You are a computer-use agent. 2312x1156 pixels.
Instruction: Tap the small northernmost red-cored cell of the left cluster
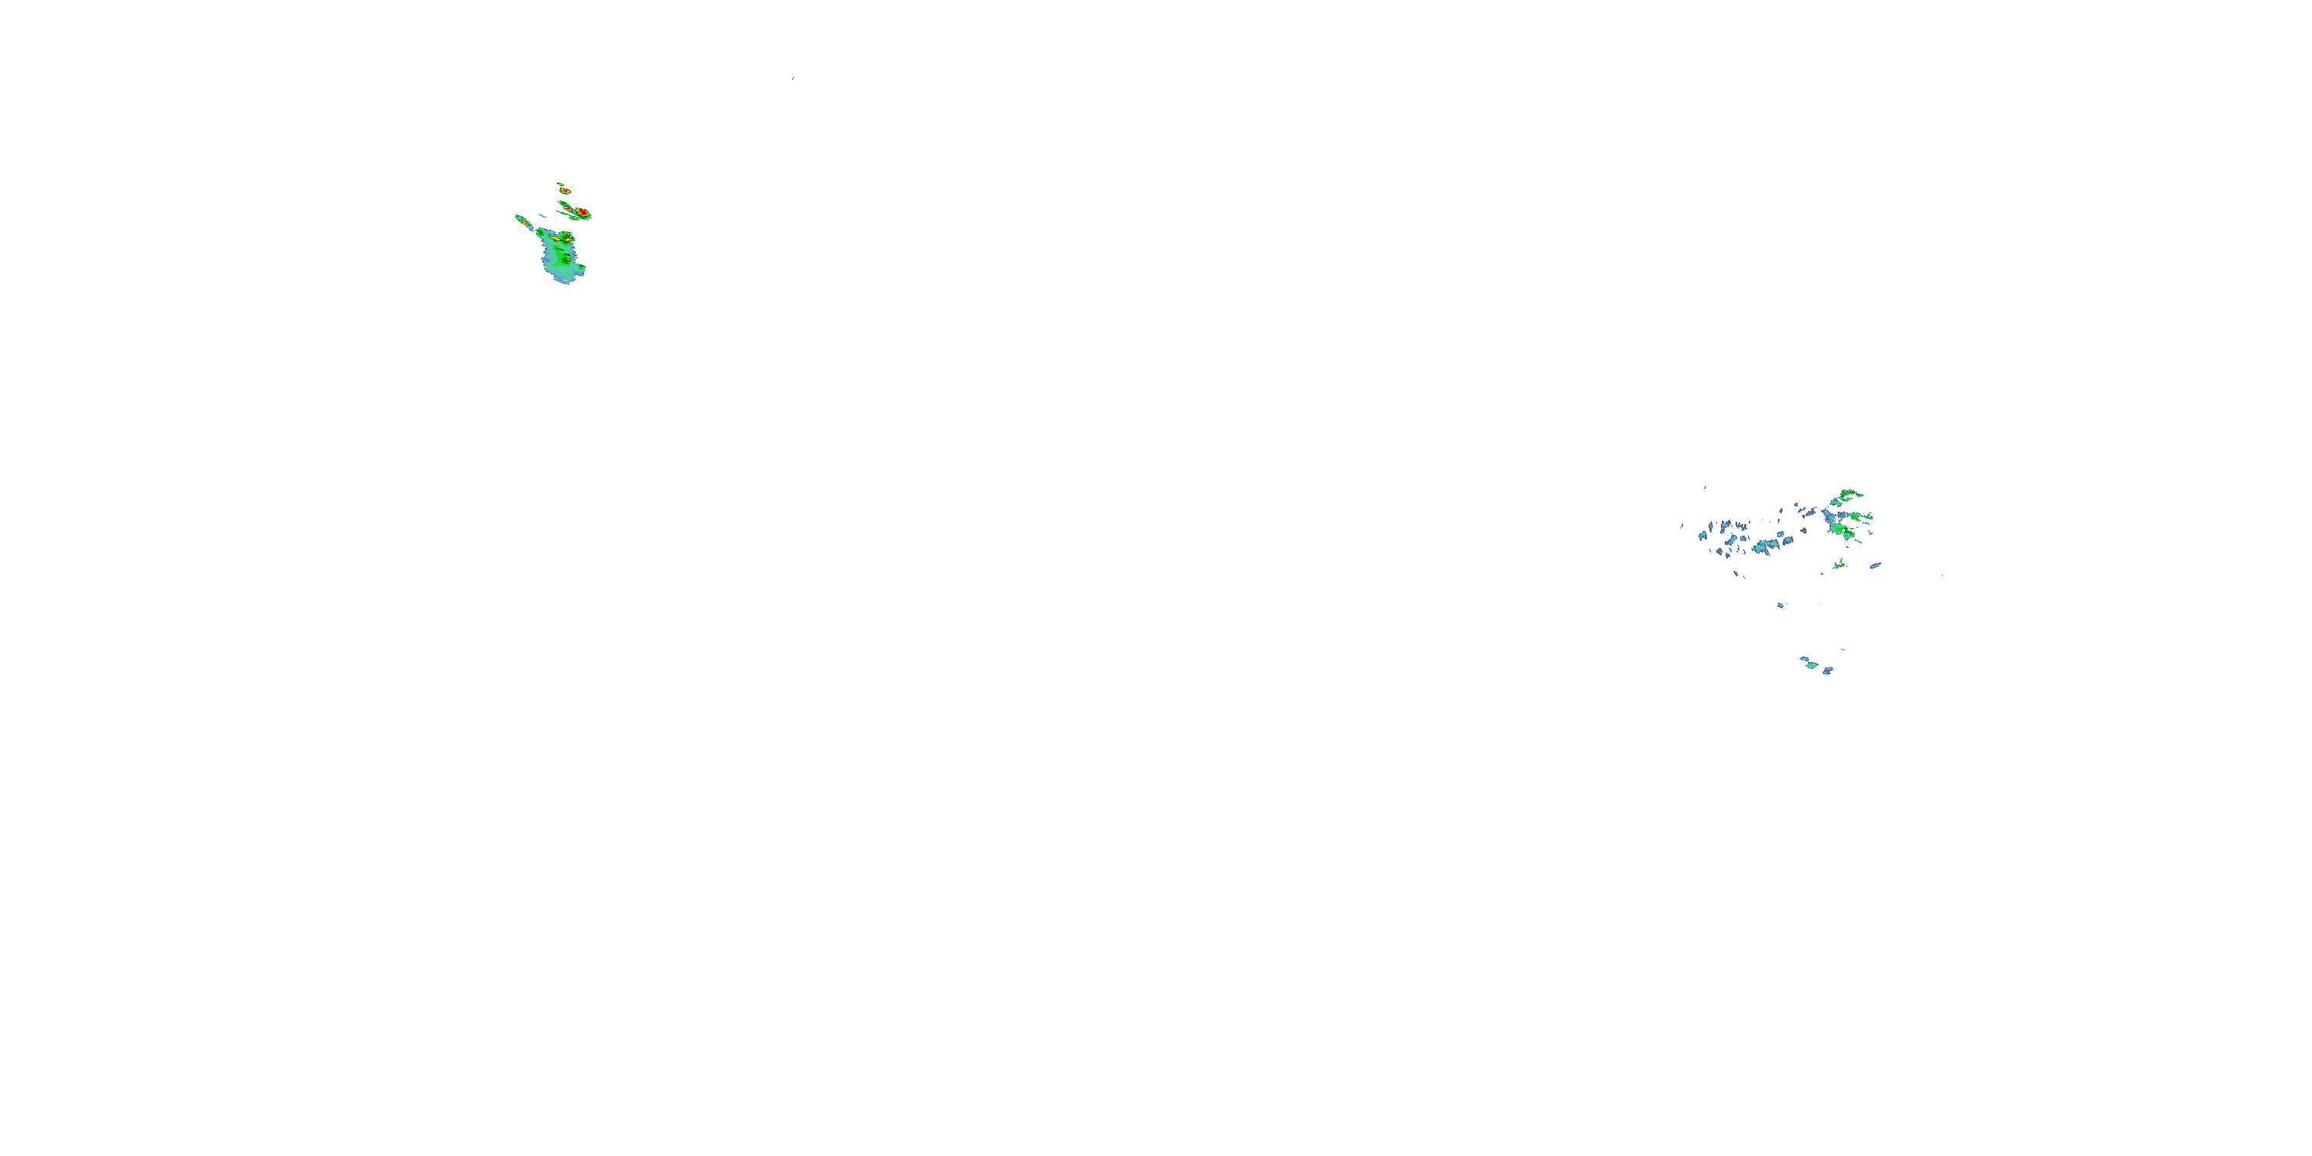click(x=565, y=190)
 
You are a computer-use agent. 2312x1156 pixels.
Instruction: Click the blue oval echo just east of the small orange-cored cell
click(x=1875, y=566)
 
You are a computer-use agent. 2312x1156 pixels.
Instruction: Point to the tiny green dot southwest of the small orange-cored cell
click(x=1822, y=573)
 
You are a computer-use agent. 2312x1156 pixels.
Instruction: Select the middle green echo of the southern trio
click(x=1811, y=665)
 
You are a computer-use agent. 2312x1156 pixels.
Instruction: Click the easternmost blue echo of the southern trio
click(x=1827, y=670)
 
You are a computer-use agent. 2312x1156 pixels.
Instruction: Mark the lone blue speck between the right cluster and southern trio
click(x=1781, y=606)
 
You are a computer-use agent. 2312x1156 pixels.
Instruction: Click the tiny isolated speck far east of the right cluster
click(x=1942, y=576)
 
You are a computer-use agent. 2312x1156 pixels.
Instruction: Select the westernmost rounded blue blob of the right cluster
click(x=1702, y=536)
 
